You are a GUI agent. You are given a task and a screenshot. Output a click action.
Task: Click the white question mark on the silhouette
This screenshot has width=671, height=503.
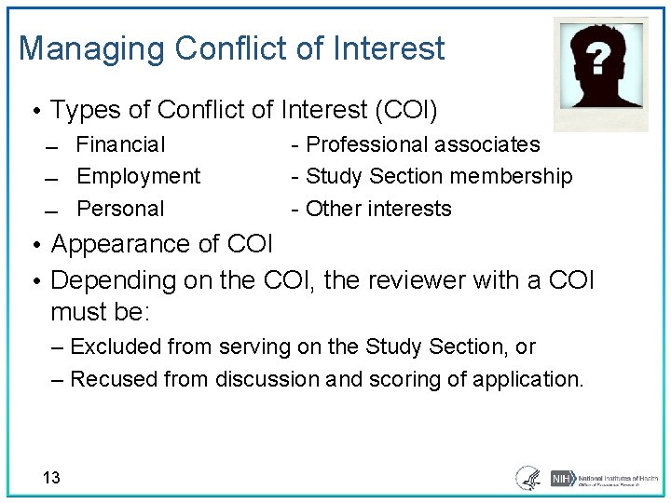pos(601,61)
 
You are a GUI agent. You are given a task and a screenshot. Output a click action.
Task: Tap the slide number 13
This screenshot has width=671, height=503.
pos(51,478)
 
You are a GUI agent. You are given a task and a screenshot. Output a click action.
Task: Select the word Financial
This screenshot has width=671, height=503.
pos(120,144)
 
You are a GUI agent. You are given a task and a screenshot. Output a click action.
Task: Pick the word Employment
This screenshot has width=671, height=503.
pos(138,176)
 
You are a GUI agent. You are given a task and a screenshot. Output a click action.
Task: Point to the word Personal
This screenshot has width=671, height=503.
pos(120,209)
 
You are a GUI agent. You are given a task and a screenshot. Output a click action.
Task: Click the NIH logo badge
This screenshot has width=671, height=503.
pos(561,478)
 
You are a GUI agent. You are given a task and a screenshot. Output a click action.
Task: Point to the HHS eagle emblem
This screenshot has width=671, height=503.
pos(528,478)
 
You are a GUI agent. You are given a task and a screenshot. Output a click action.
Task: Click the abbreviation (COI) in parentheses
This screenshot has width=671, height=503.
pos(405,111)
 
